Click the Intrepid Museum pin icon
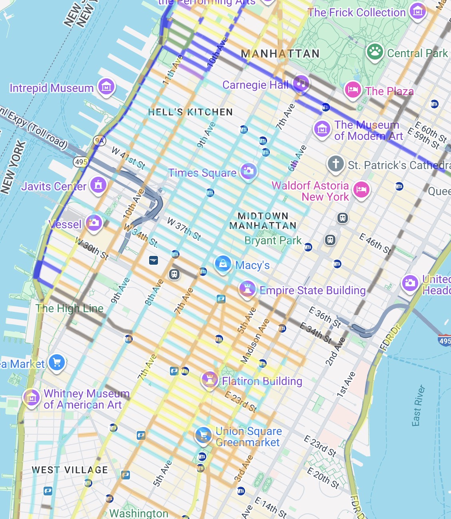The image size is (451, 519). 106,86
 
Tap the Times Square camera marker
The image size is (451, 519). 248,171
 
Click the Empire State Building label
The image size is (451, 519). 312,290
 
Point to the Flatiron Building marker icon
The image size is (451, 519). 210,379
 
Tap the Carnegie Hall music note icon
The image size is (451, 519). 301,83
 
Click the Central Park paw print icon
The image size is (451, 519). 375,52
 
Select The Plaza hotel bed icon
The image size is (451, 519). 353,90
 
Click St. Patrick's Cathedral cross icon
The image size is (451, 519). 336,164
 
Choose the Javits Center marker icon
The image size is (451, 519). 98,185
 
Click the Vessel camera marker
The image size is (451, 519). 94,222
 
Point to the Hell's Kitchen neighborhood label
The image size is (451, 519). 190,112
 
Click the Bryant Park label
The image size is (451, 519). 273,240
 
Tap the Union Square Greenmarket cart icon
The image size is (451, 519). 204,435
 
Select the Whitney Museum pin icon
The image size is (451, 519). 32,397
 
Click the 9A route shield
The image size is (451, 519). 99,141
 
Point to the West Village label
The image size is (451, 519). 70,470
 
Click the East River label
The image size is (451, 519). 419,405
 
